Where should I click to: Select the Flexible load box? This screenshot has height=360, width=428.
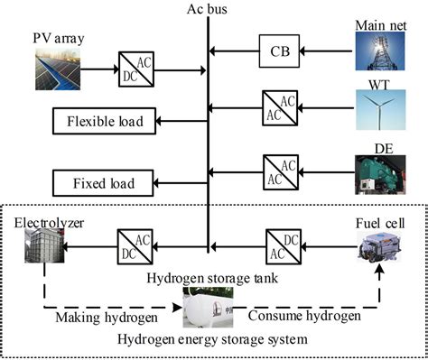pyautogui.click(x=104, y=120)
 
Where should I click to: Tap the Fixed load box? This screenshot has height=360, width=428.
pyautogui.click(x=104, y=183)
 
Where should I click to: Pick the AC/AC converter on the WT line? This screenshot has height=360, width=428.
pyautogui.click(x=278, y=107)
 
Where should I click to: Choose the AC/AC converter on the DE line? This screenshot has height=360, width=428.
pyautogui.click(x=278, y=170)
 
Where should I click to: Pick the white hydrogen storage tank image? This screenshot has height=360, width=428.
pyautogui.click(x=209, y=309)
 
